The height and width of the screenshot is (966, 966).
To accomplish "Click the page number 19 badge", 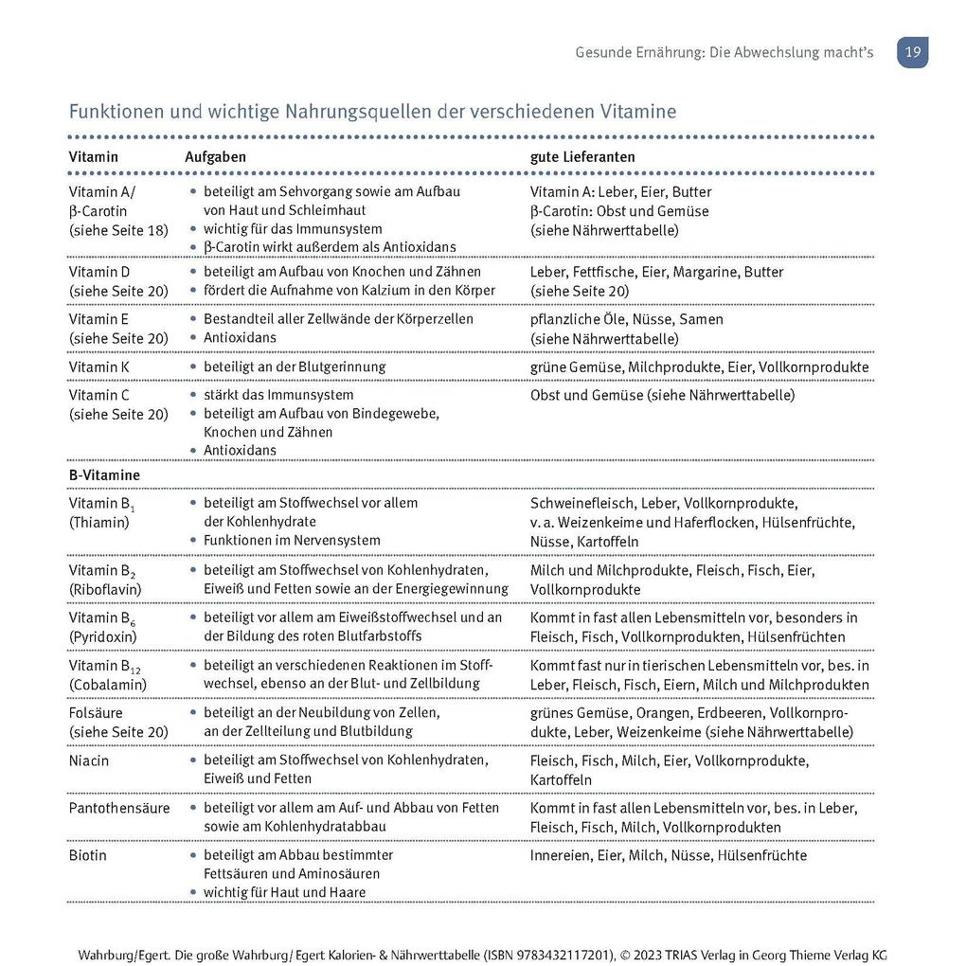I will click(x=912, y=52).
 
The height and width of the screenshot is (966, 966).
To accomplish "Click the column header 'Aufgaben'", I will click(x=215, y=156).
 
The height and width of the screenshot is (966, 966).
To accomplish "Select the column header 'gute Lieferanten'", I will click(x=582, y=156).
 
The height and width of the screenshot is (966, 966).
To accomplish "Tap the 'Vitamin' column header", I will click(x=93, y=156).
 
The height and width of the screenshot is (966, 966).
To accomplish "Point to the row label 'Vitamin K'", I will click(x=98, y=367).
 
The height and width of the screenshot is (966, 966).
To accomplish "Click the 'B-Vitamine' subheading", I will click(x=104, y=474).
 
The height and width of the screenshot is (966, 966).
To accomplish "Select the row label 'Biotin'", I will click(x=87, y=855).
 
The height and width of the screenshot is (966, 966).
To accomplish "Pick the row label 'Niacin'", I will click(x=88, y=760).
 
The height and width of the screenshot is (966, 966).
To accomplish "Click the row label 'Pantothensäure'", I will click(x=119, y=808).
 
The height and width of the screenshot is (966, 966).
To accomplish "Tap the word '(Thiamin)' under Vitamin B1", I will click(x=98, y=522).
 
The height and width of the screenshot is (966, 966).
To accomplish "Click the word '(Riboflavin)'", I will click(x=104, y=589).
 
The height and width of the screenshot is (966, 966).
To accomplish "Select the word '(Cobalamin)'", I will click(x=107, y=684).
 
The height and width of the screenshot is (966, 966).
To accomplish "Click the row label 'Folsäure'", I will click(x=96, y=712).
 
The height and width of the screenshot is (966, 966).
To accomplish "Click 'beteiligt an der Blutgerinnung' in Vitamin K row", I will click(x=294, y=367).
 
